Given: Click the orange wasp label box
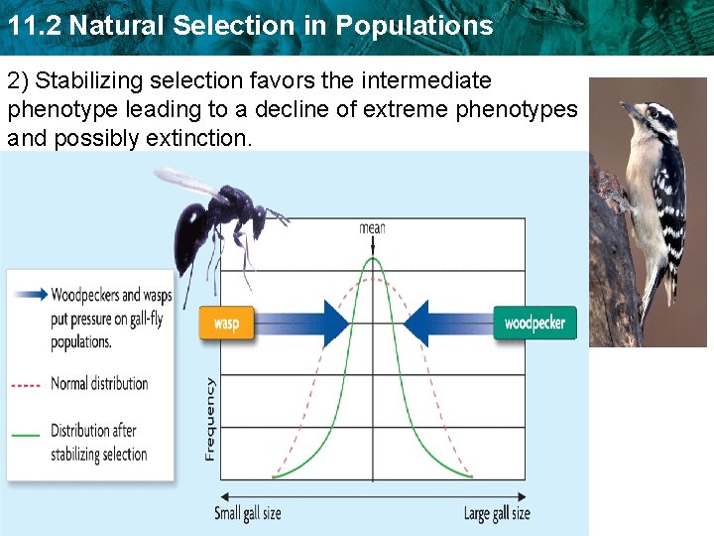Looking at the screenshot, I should [x=226, y=324].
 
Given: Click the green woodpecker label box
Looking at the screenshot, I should [x=535, y=324].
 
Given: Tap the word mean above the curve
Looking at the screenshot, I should [x=372, y=227].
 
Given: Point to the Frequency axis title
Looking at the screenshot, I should [x=210, y=417].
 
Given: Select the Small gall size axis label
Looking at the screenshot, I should [x=248, y=513].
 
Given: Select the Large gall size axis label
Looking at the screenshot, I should [x=497, y=513].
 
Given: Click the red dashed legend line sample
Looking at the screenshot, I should [x=27, y=384].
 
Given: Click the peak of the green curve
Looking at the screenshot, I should [x=373, y=259].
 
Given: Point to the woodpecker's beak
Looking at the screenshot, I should [x=628, y=107].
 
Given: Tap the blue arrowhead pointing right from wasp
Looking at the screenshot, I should [x=336, y=324].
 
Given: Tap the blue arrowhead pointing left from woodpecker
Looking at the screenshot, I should [x=415, y=324].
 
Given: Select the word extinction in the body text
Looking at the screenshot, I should [x=197, y=138].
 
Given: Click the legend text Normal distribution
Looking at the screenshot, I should [x=99, y=384].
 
